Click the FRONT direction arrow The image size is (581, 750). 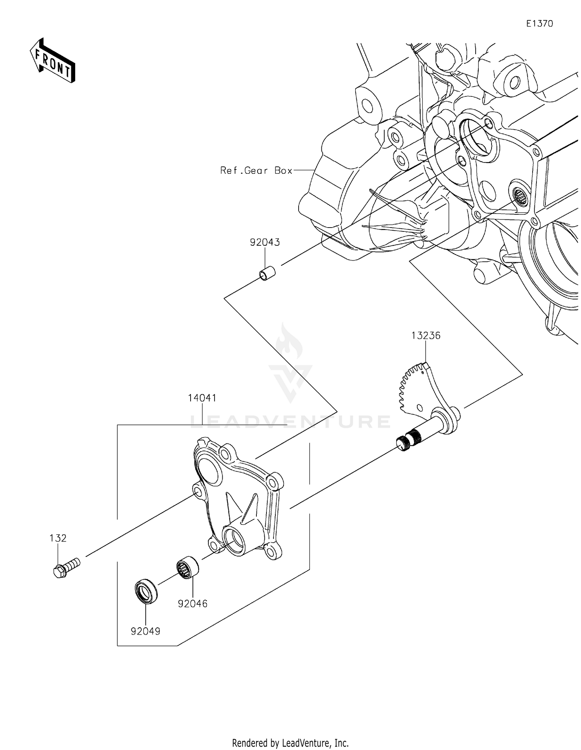coord(52,61)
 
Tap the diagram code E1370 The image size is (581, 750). coord(539,24)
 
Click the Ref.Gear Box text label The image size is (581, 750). coord(256,170)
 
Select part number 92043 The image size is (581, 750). coord(265,243)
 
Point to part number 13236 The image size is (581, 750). coord(426,336)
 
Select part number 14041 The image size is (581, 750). coord(202,398)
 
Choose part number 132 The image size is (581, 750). coord(58,538)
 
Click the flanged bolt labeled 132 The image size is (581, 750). coord(65,568)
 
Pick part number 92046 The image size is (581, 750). coord(193,603)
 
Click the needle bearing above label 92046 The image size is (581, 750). coord(187,567)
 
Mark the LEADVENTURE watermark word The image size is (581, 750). coord(290,421)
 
